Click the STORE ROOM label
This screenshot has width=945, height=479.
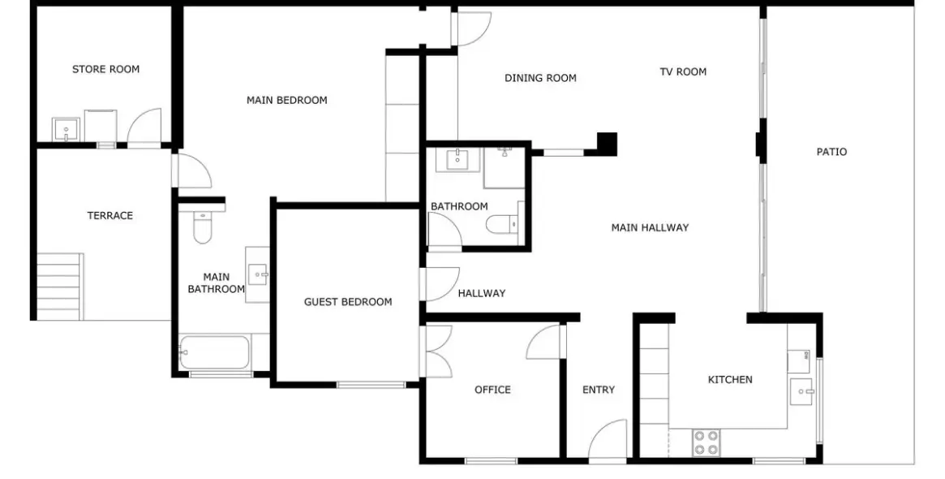[x=105, y=69]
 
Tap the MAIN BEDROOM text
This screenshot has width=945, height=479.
[x=287, y=100]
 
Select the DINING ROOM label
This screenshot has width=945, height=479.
[x=540, y=78]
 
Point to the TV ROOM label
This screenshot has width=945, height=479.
[x=683, y=71]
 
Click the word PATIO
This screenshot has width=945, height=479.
[x=831, y=152]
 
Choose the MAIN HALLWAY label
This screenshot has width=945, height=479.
[x=650, y=227]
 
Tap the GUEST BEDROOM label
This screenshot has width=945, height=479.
[x=348, y=302]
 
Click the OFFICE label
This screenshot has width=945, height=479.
[x=492, y=390]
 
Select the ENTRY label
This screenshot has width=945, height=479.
[x=599, y=390]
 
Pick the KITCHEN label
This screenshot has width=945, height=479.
[x=730, y=379]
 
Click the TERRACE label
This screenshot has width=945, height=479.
[x=110, y=215]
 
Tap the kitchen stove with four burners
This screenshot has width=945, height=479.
[x=706, y=442]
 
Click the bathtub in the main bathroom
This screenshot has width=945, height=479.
[x=214, y=352]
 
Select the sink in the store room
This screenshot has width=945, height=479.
[x=65, y=129]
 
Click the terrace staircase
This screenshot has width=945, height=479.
[x=59, y=286]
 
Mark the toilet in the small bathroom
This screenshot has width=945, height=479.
[x=501, y=224]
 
